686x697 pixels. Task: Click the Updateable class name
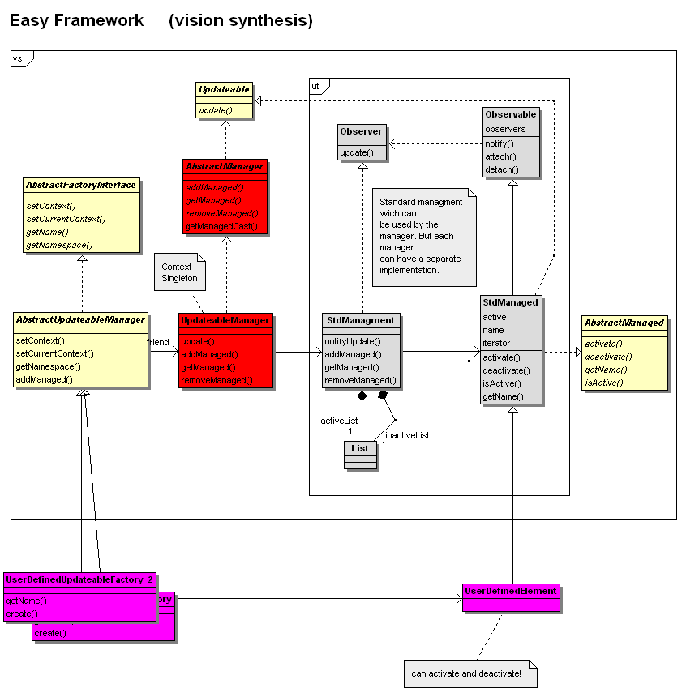click(x=224, y=89)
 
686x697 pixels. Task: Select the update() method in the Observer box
click(x=356, y=152)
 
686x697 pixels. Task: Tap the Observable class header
click(x=510, y=114)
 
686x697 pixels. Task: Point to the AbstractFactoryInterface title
click(x=81, y=185)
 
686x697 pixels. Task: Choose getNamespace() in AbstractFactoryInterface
click(x=59, y=245)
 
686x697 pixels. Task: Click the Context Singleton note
click(x=177, y=272)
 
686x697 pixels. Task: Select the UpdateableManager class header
click(x=225, y=320)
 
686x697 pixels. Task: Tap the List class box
click(x=360, y=455)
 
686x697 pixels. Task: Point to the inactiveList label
click(x=407, y=435)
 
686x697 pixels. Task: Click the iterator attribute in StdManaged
click(x=496, y=343)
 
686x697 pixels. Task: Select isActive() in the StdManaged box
click(x=500, y=383)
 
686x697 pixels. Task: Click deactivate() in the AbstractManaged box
click(x=608, y=357)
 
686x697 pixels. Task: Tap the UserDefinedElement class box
click(x=511, y=597)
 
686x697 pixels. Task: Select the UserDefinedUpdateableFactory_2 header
click(x=79, y=580)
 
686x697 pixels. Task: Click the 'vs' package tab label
click(x=18, y=58)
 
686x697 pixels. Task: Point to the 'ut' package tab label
click(x=315, y=85)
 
